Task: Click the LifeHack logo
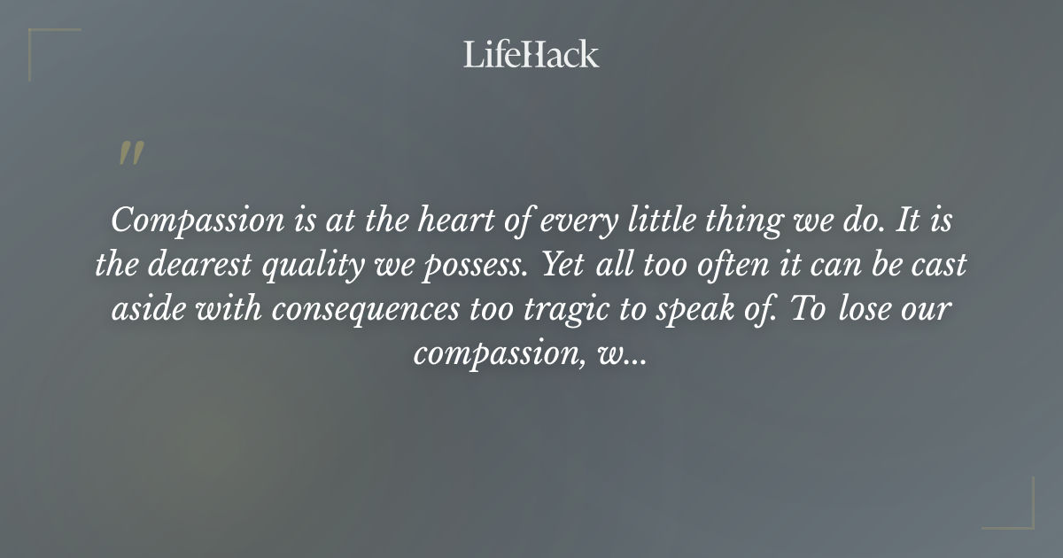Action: pyautogui.click(x=531, y=55)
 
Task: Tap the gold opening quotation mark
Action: pyautogui.click(x=131, y=153)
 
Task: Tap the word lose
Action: pyautogui.click(x=857, y=310)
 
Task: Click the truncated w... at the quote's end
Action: pyautogui.click(x=626, y=355)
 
